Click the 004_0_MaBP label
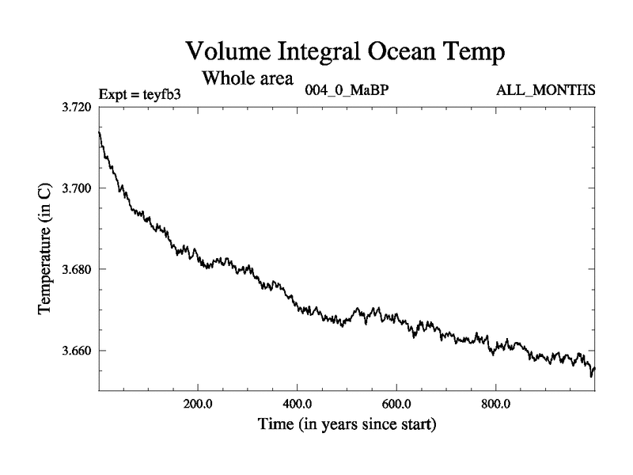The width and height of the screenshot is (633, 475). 346,90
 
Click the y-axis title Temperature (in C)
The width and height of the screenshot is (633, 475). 45,249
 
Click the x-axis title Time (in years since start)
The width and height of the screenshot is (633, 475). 347,425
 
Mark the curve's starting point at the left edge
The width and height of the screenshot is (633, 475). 99,131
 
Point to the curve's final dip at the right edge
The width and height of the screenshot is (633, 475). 591,376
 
